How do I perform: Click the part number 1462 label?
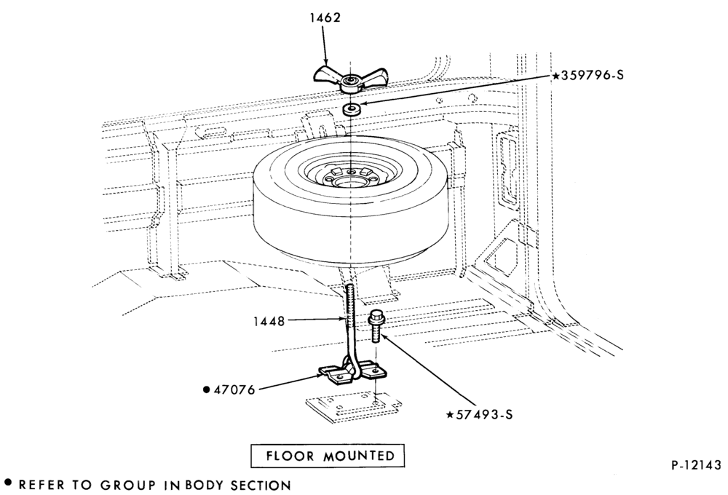click(x=325, y=17)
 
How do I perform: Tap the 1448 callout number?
click(x=269, y=321)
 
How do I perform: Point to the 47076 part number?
click(x=234, y=389)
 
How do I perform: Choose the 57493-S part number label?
click(x=484, y=414)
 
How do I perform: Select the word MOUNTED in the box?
click(x=359, y=456)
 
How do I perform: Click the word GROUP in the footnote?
click(x=128, y=486)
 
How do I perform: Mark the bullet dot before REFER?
click(x=7, y=483)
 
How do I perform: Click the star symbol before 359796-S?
click(x=555, y=75)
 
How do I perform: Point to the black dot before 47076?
click(x=207, y=389)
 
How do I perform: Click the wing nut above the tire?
click(x=349, y=79)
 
